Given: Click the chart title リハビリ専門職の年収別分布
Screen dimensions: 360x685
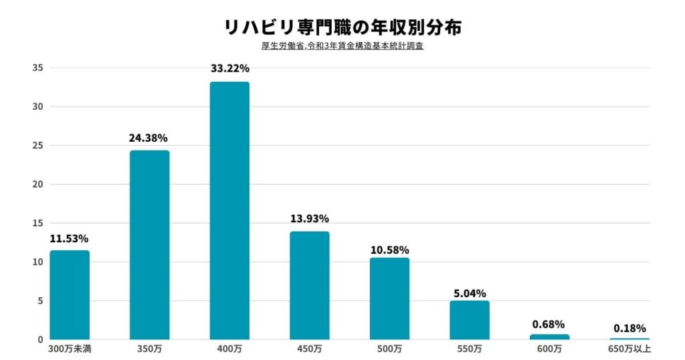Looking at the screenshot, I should (342, 27).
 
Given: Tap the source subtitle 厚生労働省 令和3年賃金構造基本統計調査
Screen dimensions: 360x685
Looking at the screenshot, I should (342, 47).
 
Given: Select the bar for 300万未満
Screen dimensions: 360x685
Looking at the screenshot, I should (70, 295).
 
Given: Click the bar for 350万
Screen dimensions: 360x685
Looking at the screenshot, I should (149, 245).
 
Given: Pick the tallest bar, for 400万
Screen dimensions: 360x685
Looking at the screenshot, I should (229, 211).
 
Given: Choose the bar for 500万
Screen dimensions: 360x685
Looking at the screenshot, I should (389, 298).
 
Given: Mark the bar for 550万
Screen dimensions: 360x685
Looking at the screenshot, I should (469, 320).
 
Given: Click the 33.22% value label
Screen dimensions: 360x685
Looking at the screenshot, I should (229, 68).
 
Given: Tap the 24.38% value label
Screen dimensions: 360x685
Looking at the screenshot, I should (149, 138).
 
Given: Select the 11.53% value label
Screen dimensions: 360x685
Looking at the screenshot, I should (69, 238).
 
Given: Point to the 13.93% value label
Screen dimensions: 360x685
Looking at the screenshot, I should (309, 219).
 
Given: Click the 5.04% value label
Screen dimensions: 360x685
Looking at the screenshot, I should (469, 293).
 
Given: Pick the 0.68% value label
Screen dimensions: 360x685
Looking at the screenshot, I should (549, 325).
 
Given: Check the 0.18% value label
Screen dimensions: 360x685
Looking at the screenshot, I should (629, 328).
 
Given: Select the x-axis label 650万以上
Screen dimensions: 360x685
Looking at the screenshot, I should (629, 349).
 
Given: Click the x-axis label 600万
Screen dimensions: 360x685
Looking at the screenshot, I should (549, 349).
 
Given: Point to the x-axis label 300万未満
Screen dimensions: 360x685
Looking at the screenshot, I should (70, 349).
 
